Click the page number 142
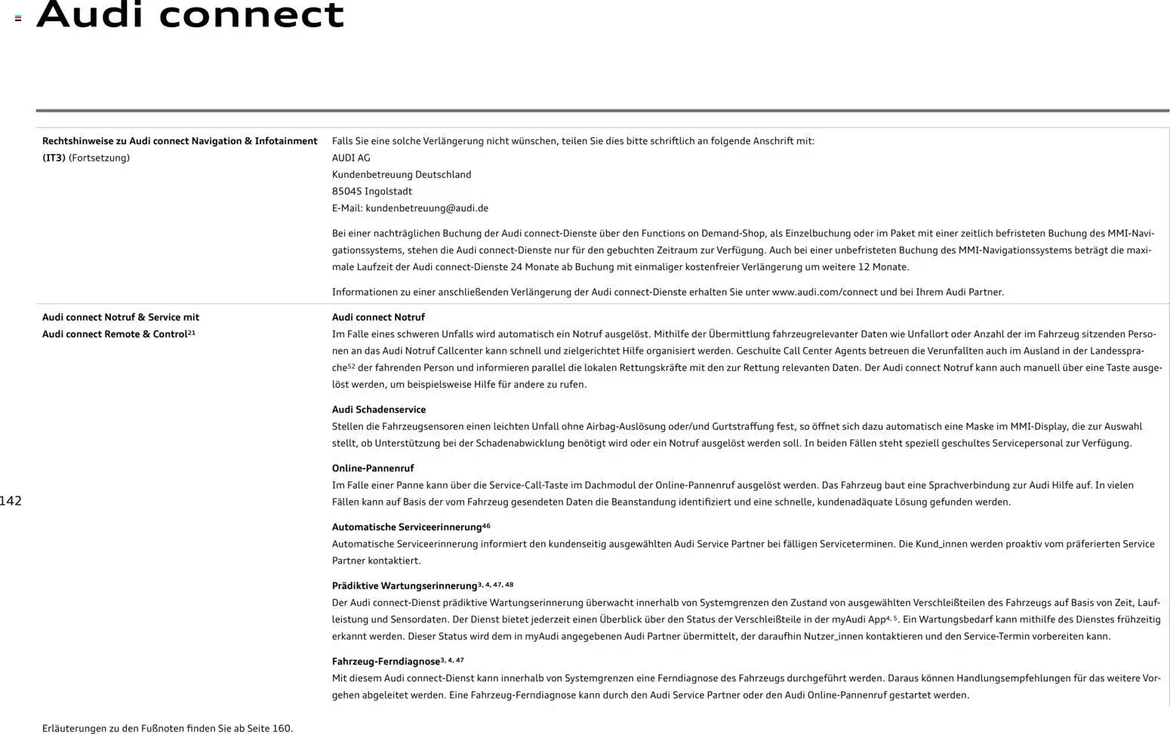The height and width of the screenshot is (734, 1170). [11, 501]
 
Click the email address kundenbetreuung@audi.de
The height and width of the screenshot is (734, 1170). [426, 208]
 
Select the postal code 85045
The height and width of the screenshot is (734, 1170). [346, 192]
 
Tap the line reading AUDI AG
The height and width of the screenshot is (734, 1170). [351, 158]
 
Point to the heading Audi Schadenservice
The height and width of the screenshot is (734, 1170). [379, 410]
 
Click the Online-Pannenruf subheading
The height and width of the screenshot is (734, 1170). [373, 468]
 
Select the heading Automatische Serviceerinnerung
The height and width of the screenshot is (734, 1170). [406, 527]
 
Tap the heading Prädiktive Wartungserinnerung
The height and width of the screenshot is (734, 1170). [404, 586]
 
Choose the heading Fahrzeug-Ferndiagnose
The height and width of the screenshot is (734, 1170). [386, 662]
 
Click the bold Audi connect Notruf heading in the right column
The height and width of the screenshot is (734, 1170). [378, 318]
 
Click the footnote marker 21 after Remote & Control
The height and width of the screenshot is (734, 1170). [192, 333]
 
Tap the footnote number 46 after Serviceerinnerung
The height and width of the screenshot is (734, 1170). [486, 526]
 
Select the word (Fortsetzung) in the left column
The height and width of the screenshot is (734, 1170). [99, 158]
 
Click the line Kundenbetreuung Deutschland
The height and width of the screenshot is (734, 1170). [402, 174]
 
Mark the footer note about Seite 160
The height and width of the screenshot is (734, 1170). [168, 729]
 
